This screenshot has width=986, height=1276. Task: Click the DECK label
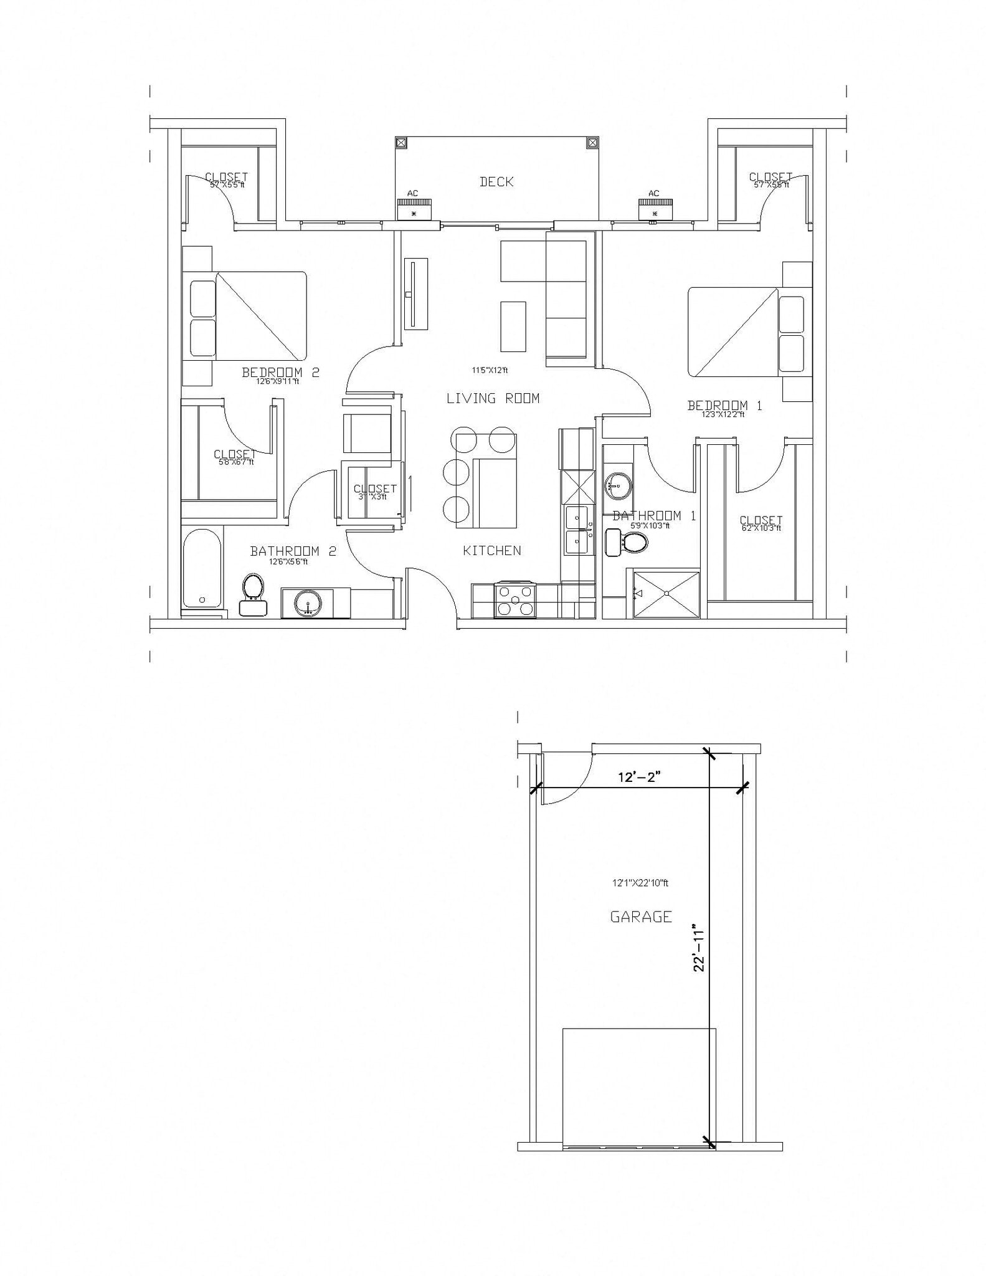click(496, 182)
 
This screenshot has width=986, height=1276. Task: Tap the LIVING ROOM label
click(493, 398)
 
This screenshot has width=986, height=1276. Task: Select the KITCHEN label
click(492, 550)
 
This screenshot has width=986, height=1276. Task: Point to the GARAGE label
click(641, 917)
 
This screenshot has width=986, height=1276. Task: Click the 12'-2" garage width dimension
click(638, 777)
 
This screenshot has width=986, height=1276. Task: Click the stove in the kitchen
click(514, 600)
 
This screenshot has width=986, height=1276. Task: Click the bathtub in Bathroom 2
click(202, 568)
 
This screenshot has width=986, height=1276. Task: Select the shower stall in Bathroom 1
click(666, 593)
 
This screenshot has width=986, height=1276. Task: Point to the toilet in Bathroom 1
click(630, 541)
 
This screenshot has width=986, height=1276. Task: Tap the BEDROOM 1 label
click(724, 406)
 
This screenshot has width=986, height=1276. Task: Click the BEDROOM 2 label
click(280, 373)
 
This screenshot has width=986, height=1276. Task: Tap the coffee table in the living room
click(513, 326)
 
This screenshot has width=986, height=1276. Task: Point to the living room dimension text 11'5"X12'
click(490, 370)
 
